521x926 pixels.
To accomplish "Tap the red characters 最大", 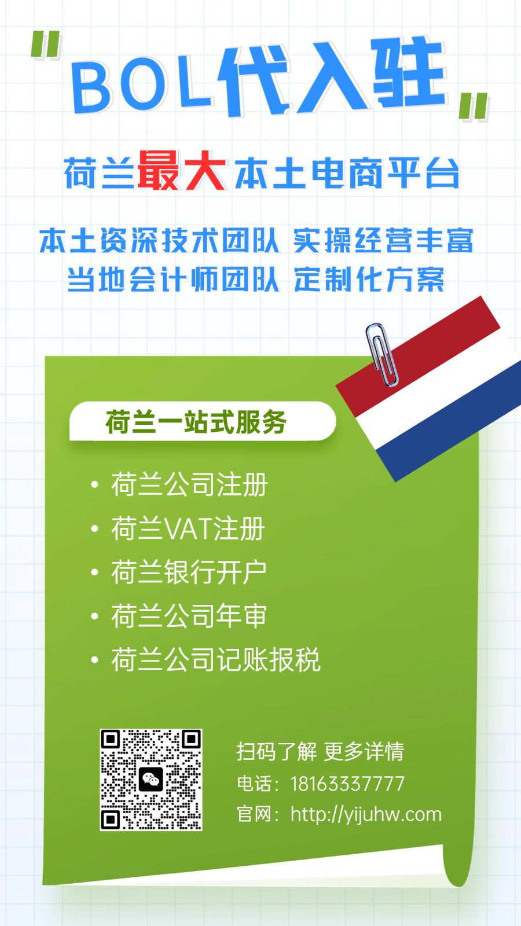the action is click(182, 171).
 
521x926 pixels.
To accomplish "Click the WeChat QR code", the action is click(151, 780).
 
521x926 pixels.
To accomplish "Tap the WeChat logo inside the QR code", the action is click(151, 780).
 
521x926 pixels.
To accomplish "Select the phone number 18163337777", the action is click(347, 784).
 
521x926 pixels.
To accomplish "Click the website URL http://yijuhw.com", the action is click(366, 815).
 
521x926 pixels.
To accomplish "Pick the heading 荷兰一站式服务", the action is click(196, 422).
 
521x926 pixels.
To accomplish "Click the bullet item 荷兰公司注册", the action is click(190, 484).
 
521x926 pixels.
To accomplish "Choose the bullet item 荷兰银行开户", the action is click(189, 572).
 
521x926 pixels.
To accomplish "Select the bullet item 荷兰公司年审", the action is click(189, 616).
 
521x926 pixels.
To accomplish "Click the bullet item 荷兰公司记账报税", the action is click(216, 660).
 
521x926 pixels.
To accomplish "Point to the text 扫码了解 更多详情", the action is click(321, 752).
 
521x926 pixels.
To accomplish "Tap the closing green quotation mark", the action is click(474, 106).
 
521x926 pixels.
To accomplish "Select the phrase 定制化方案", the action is click(369, 280).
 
